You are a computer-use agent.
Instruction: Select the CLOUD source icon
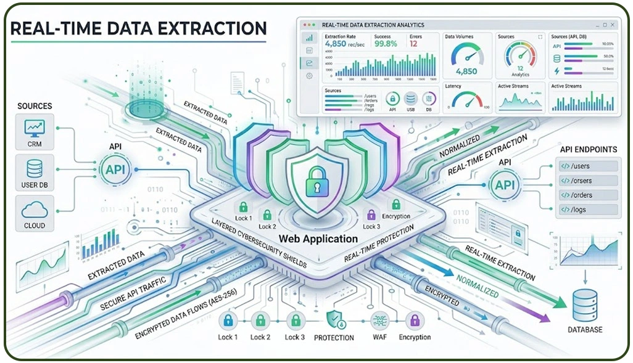coord(35,210)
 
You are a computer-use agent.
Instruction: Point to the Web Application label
coord(318,239)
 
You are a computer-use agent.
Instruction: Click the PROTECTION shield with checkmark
coord(334,320)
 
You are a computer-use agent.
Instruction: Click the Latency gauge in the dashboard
coord(467,101)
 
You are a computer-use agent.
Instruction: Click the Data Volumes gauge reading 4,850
coord(468,59)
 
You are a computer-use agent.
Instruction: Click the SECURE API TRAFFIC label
coord(142,289)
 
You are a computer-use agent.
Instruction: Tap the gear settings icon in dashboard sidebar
coord(308,76)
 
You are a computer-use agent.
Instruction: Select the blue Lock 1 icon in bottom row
coord(227,320)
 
